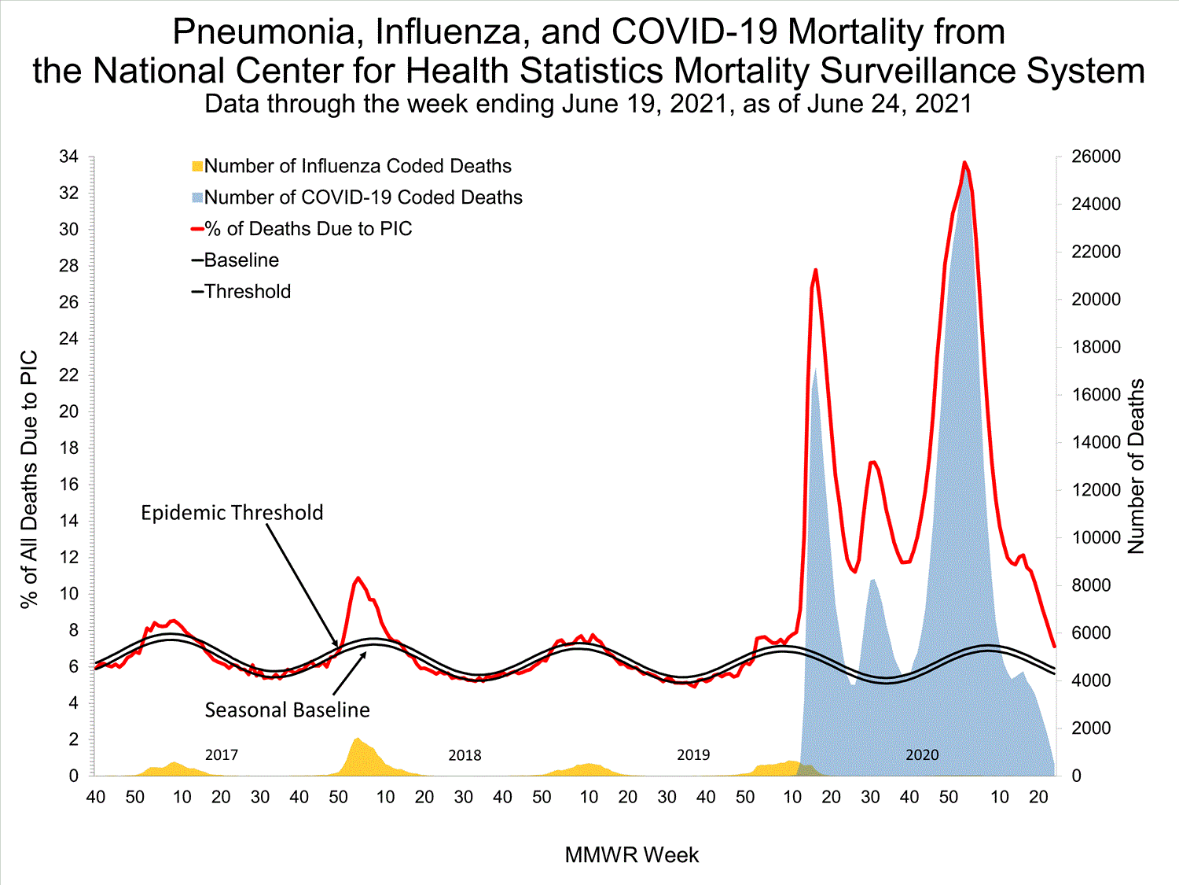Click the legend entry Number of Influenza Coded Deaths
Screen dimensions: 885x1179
coord(358,166)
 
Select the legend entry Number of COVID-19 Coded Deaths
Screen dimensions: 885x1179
coord(363,197)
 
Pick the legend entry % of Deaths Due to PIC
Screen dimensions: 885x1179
coord(308,229)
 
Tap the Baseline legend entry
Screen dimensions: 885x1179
coord(241,260)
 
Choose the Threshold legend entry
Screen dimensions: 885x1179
coord(247,292)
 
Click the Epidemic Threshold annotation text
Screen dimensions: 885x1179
coord(232,513)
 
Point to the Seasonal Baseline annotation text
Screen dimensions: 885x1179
coord(287,710)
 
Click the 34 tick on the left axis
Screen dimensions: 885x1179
coord(69,157)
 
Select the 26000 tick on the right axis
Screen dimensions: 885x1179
coord(1096,157)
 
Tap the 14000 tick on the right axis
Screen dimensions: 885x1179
coord(1096,442)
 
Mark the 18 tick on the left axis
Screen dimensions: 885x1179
coord(69,448)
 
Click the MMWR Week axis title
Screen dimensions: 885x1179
coord(631,855)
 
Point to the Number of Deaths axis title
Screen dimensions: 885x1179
coord(1137,466)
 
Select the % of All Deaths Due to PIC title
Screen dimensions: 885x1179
coord(29,479)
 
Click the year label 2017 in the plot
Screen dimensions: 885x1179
coord(222,755)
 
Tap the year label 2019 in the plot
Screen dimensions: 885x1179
coord(693,755)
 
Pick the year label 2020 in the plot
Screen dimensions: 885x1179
coord(922,755)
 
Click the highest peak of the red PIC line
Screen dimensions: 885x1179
coord(964,162)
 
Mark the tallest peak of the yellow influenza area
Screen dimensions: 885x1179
coord(358,738)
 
